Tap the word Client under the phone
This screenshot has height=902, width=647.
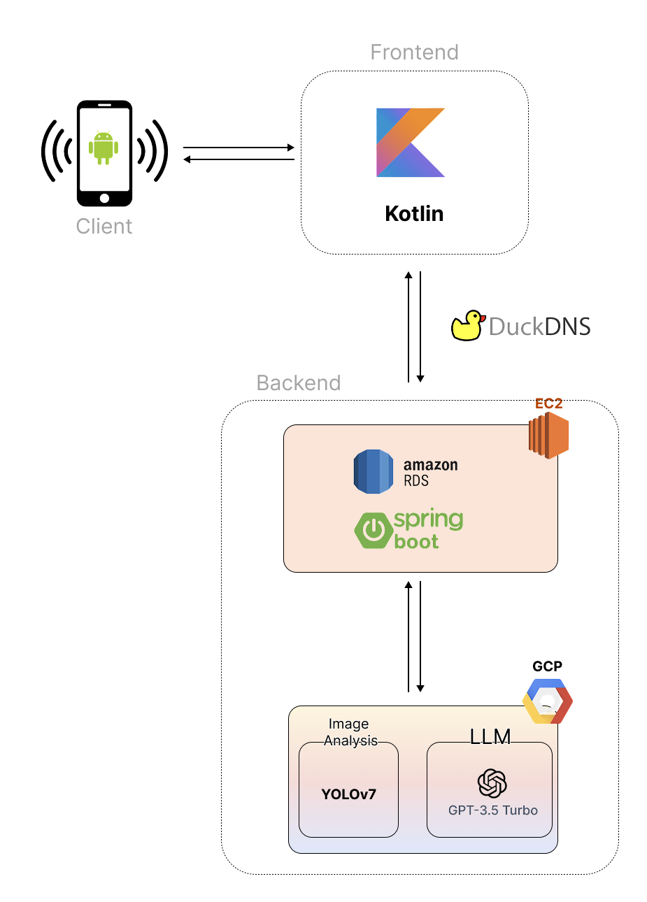104,227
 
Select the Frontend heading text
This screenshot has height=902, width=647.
414,52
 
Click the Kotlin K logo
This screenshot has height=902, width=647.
411,143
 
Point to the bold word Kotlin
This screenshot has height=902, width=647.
414,214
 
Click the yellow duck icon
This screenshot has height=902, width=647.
467,326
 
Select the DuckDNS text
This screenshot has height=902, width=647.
539,327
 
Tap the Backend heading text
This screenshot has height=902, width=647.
299,383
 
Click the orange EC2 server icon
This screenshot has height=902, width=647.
548,435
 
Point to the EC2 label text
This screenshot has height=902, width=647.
548,403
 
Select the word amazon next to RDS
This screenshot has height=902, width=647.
430,465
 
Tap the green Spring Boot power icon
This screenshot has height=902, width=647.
374,530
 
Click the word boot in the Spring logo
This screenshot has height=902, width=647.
416,542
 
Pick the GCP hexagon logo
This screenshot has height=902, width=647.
548,701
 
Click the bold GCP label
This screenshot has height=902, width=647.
547,666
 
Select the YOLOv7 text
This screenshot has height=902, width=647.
348,794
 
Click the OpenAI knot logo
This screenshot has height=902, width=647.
492,783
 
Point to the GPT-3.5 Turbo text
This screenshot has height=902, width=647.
493,810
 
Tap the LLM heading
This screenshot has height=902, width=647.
490,736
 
